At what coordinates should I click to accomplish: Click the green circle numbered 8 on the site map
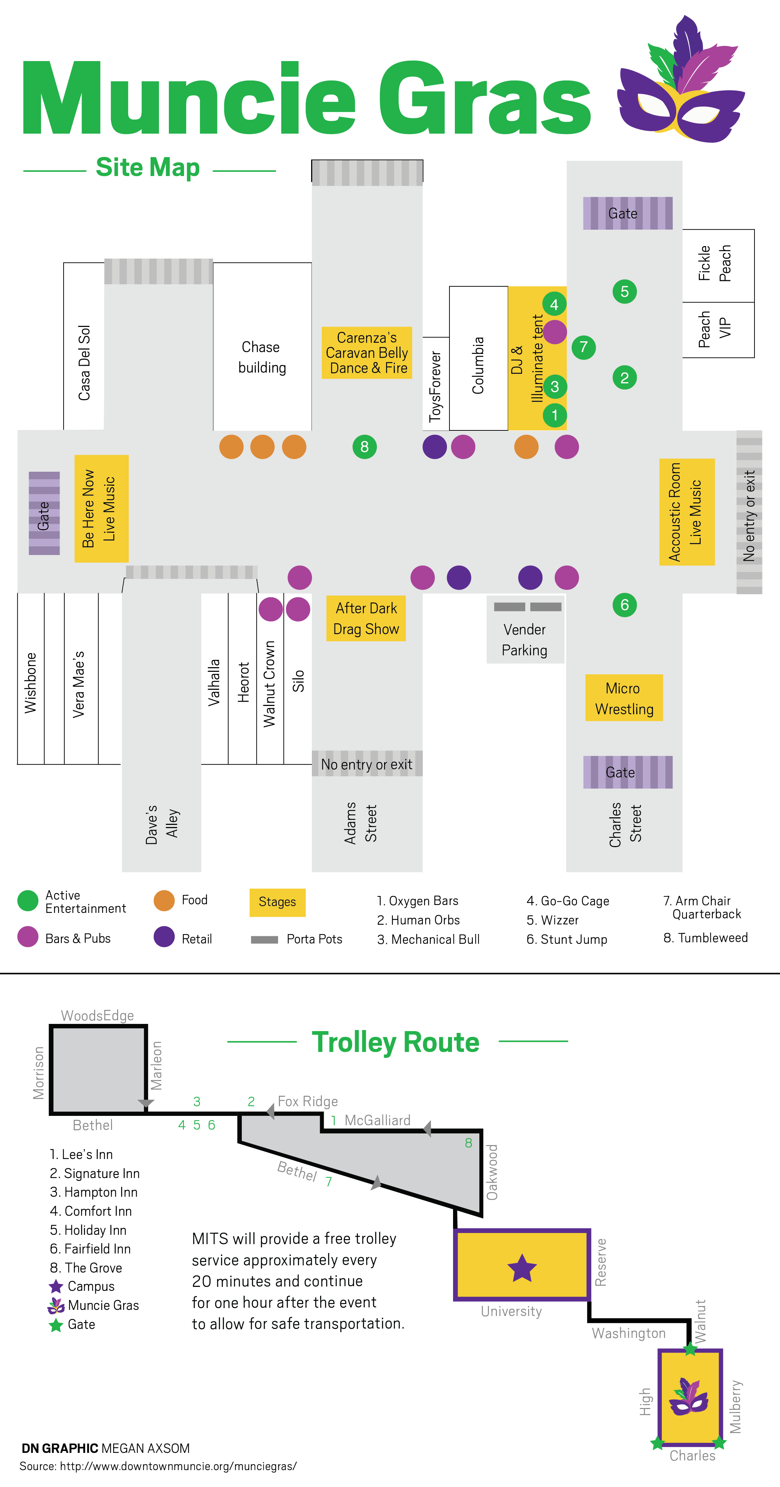tap(364, 447)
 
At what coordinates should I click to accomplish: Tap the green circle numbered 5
tap(624, 291)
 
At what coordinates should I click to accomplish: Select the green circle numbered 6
tap(624, 605)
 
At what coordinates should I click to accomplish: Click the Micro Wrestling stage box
tap(624, 698)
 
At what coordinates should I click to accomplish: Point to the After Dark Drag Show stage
tap(366, 618)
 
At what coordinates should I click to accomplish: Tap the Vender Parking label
tap(524, 639)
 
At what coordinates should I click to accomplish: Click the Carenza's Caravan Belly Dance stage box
tap(366, 353)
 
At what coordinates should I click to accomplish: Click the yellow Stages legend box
tap(277, 902)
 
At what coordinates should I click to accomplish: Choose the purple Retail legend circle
tap(164, 937)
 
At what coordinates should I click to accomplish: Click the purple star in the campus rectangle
tap(522, 1268)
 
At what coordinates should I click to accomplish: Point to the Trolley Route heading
tap(396, 1042)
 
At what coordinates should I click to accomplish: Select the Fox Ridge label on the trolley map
tap(308, 1102)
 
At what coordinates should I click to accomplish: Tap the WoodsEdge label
tap(98, 1015)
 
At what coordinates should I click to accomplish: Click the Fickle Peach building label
tap(714, 263)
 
